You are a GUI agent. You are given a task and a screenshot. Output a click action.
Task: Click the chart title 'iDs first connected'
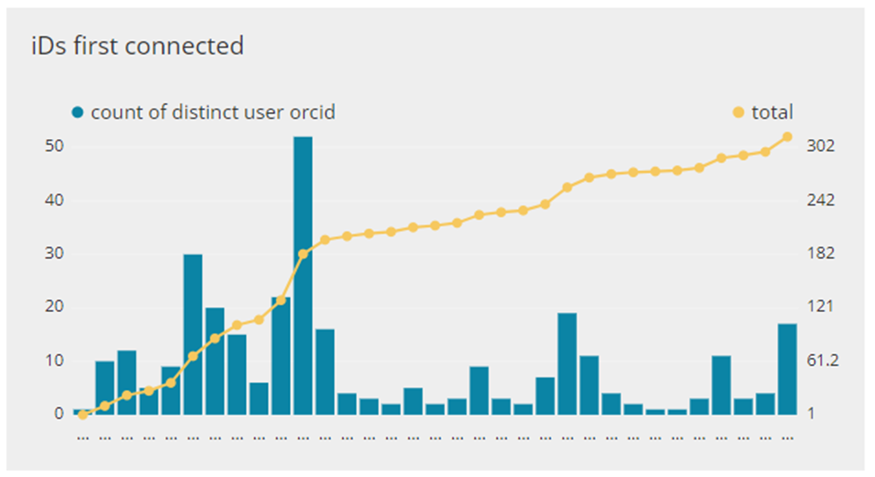point(137,46)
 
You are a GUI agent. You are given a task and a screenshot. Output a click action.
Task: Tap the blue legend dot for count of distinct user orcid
point(78,113)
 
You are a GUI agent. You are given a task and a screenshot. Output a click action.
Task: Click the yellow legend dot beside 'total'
point(739,113)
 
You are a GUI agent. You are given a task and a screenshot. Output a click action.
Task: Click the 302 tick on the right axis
point(821,146)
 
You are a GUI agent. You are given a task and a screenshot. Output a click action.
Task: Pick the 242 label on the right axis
point(821,200)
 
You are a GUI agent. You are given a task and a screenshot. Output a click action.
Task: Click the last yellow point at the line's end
point(787,136)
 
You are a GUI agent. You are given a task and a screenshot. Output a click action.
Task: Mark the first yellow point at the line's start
point(83,414)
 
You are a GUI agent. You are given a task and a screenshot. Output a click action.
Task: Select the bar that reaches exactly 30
point(193,334)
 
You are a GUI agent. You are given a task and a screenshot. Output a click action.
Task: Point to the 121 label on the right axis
point(821,307)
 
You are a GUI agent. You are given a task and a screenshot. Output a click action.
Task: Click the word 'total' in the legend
point(772,113)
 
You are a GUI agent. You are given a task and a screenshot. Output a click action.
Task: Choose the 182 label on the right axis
point(821,254)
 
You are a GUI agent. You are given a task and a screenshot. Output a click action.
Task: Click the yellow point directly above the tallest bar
point(302,254)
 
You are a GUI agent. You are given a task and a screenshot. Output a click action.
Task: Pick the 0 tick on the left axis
point(56,414)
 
